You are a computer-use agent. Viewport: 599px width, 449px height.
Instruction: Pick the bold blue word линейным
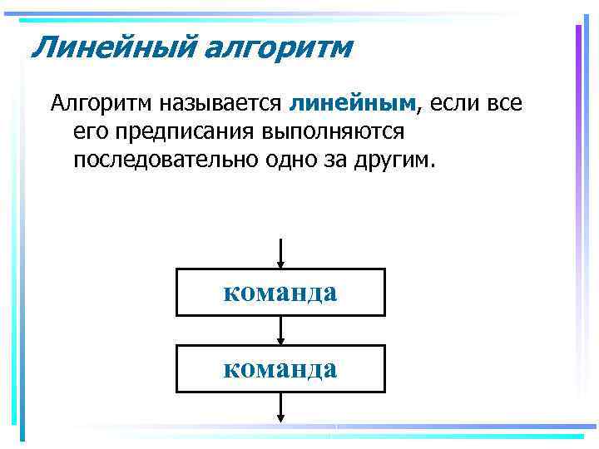[353, 103]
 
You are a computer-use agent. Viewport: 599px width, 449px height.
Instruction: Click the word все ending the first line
[505, 103]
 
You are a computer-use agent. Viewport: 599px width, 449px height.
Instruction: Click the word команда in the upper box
[280, 293]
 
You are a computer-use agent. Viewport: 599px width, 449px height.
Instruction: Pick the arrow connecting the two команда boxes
[281, 331]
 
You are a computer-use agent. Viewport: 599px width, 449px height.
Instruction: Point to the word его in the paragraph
[88, 131]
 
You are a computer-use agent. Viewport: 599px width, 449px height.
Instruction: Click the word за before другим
[343, 159]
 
